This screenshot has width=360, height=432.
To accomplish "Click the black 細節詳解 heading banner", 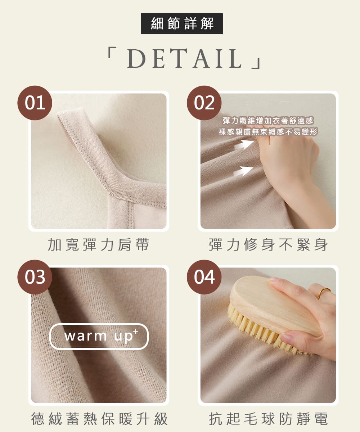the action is (182, 24).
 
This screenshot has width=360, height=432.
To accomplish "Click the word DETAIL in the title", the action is (185, 59).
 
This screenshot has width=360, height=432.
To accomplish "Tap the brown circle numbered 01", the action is (35, 103).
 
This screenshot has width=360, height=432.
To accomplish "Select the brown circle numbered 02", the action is (204, 103).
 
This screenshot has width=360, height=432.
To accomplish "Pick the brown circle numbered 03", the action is (35, 277).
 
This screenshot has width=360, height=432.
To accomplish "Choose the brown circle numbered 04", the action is (204, 277).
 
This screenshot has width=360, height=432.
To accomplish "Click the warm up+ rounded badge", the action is (99, 337).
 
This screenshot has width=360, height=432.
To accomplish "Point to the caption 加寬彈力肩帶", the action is (99, 244).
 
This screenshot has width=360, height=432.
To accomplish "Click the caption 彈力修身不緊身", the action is (268, 244).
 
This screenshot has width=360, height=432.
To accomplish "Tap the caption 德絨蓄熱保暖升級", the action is (99, 419).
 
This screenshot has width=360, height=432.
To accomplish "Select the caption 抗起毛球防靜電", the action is (268, 419).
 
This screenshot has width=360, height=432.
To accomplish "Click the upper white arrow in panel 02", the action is (244, 144).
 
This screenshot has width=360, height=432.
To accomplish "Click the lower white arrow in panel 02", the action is (243, 171).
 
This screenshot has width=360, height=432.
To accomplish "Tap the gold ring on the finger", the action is (324, 293).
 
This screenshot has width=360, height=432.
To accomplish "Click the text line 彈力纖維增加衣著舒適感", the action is (268, 121).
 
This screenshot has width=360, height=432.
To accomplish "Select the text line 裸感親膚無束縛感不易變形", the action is (268, 131).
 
